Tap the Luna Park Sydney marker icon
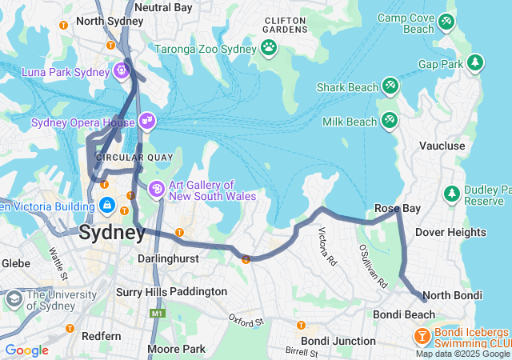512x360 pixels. pyautogui.click(x=121, y=71)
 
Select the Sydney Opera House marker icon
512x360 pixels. pyautogui.click(x=147, y=122)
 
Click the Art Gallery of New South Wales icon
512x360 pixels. pyautogui.click(x=157, y=190)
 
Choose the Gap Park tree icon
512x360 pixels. pyautogui.click(x=475, y=62)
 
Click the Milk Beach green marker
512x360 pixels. pyautogui.click(x=390, y=121)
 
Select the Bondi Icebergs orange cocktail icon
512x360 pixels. pyautogui.click(x=420, y=336)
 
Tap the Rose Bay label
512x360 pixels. pyautogui.click(x=398, y=209)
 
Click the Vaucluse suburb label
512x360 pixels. pyautogui.click(x=442, y=146)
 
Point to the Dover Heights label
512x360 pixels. pyautogui.click(x=450, y=232)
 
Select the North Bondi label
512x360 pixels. pyautogui.click(x=452, y=295)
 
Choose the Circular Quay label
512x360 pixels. pyautogui.click(x=134, y=157)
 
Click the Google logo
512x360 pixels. pyautogui.click(x=26, y=350)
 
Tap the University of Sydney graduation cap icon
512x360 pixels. pyautogui.click(x=14, y=298)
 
